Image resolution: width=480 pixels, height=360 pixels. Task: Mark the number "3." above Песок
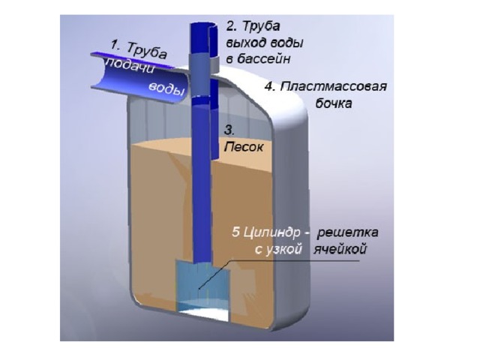(x=229, y=130)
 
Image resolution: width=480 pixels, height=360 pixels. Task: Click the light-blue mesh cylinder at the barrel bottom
(x=201, y=289)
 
